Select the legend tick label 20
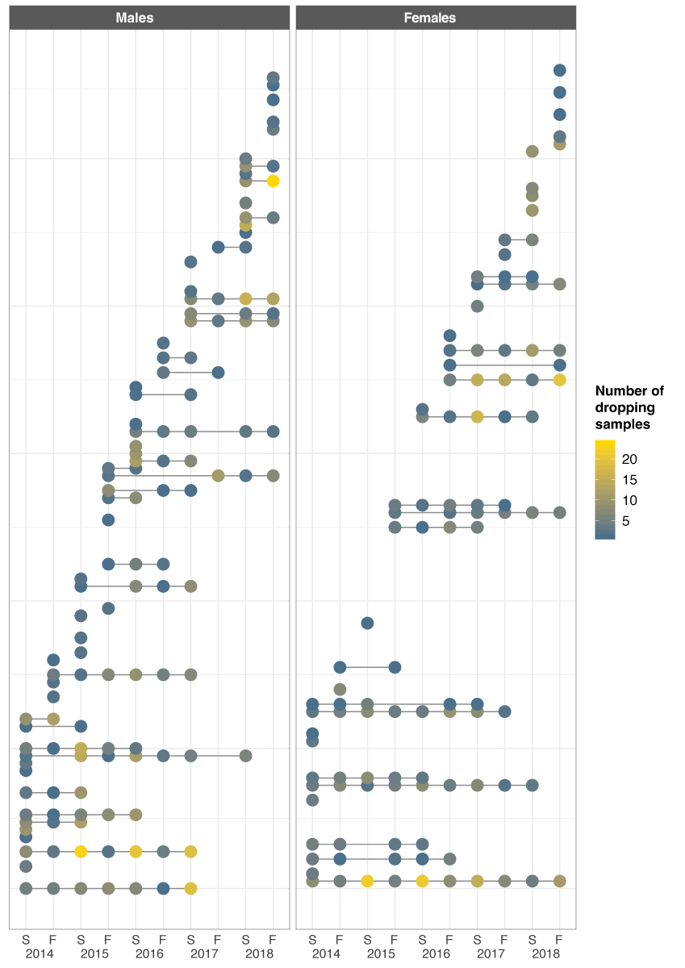(x=629, y=458)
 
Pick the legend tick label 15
(x=629, y=479)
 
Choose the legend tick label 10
(x=629, y=500)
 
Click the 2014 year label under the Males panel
(x=40, y=953)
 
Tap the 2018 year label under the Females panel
(x=545, y=953)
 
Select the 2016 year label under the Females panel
(x=436, y=953)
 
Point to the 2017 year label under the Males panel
(x=204, y=953)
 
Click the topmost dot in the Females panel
(x=559, y=70)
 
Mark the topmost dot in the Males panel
(x=273, y=77)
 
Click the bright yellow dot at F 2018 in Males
(x=273, y=181)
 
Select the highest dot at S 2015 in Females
(x=367, y=623)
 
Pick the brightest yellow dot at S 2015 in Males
(x=81, y=851)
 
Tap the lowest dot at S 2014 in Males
(x=26, y=888)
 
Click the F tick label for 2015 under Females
(x=395, y=939)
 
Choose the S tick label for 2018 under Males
(x=245, y=939)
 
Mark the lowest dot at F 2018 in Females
(x=559, y=881)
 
